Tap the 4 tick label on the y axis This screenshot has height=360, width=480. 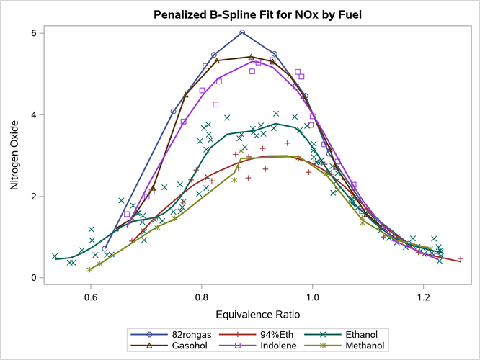pyautogui.click(x=33, y=114)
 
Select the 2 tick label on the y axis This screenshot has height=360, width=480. pyautogui.click(x=33, y=197)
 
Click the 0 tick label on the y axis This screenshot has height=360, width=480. pyautogui.click(x=33, y=278)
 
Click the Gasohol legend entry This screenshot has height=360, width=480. pyautogui.click(x=182, y=346)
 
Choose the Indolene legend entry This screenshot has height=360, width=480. pyautogui.click(x=270, y=346)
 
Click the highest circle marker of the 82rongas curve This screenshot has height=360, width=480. pyautogui.click(x=242, y=32)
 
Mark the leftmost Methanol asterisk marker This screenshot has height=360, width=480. pyautogui.click(x=89, y=269)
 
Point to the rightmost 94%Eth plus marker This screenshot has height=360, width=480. pyautogui.click(x=461, y=258)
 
